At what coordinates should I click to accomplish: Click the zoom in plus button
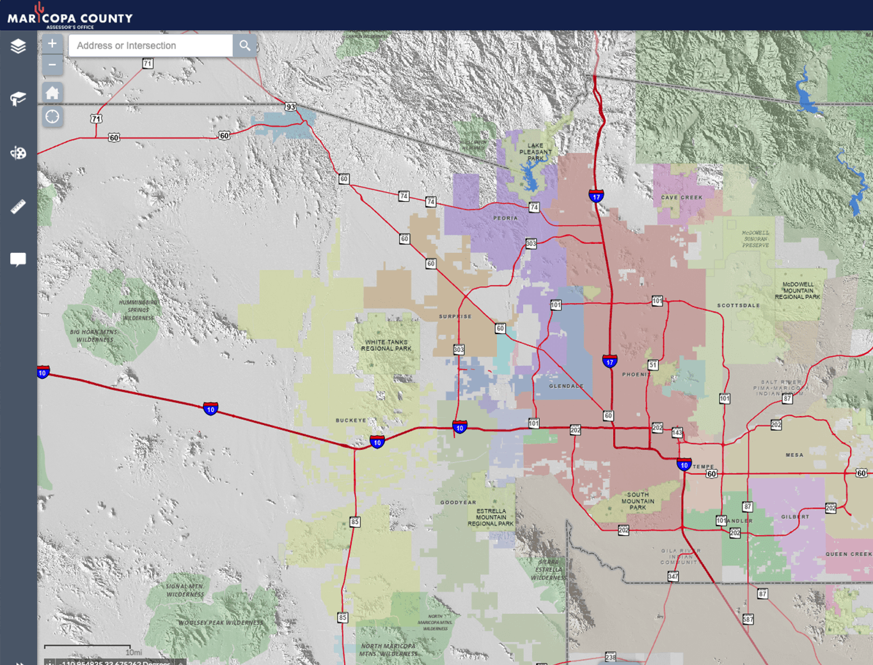coord(52,44)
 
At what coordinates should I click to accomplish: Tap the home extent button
coord(52,93)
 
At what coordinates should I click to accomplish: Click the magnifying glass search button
coord(245,45)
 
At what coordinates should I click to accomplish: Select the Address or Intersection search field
coord(151,45)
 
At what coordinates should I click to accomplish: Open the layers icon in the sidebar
coord(18,46)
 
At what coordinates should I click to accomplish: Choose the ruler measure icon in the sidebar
coord(18,207)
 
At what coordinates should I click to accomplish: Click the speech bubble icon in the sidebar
coord(18,259)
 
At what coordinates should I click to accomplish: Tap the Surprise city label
coord(455,317)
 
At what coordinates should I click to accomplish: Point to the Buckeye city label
coord(351,421)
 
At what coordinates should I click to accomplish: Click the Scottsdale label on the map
coord(739,306)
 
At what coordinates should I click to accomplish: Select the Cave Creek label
coord(682,198)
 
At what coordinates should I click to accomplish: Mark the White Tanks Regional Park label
coord(386,346)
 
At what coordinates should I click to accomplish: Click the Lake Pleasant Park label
coord(535,152)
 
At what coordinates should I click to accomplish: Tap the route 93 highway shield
coord(290,107)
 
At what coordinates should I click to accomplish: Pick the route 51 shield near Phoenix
coord(652,365)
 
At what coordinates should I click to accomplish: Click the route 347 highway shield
coord(673,577)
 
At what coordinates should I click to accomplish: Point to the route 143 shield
coord(677,433)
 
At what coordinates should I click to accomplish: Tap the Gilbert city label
coord(795,517)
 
